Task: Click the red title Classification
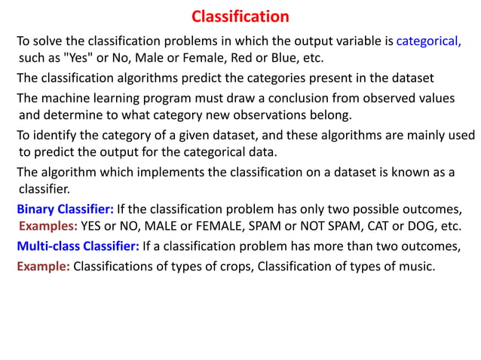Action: (x=240, y=16)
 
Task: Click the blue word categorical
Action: (x=428, y=41)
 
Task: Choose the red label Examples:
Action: (x=47, y=226)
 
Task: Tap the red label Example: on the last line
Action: (x=43, y=265)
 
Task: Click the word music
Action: (x=418, y=265)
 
